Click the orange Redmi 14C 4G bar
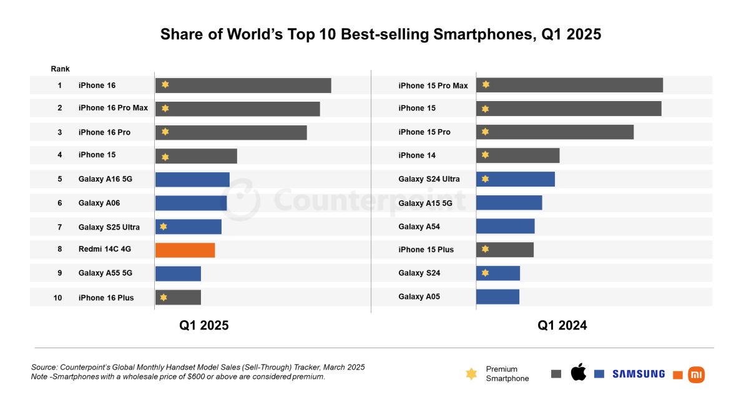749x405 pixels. [185, 250]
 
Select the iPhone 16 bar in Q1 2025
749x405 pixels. [243, 85]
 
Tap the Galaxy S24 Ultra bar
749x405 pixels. [515, 179]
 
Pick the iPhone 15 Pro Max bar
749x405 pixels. [569, 85]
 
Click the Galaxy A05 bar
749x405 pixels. [497, 296]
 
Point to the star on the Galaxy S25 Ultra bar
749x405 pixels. [164, 227]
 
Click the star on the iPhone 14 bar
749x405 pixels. [485, 155]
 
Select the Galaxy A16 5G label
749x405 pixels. [105, 179]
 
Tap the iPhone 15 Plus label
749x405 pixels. [426, 250]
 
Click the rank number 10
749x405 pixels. [58, 298]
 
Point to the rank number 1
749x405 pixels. [60, 85]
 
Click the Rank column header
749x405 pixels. [60, 69]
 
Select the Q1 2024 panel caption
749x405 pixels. [562, 325]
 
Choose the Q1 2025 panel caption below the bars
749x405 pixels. [203, 325]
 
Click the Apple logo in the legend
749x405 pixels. [579, 373]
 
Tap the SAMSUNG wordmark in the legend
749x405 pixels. [638, 374]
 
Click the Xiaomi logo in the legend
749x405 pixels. [696, 374]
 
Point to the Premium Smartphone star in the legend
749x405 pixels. [471, 374]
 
